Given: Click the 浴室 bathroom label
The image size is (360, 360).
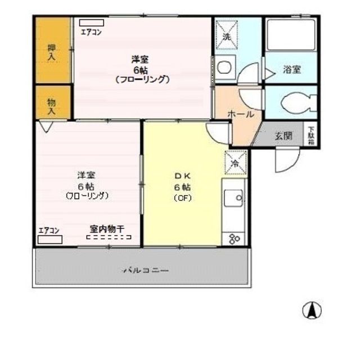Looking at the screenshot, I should (291, 70).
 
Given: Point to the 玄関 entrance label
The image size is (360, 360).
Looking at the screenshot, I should (283, 136).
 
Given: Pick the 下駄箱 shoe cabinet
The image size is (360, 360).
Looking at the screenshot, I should (311, 136).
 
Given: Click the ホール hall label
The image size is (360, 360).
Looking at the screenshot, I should (241, 114).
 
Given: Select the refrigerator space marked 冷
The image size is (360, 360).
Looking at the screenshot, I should (235, 164).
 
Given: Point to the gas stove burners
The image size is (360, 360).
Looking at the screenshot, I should (234, 238).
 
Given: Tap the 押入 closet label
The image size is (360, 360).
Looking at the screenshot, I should (52, 52).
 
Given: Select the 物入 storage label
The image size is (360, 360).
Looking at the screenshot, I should (52, 105).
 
